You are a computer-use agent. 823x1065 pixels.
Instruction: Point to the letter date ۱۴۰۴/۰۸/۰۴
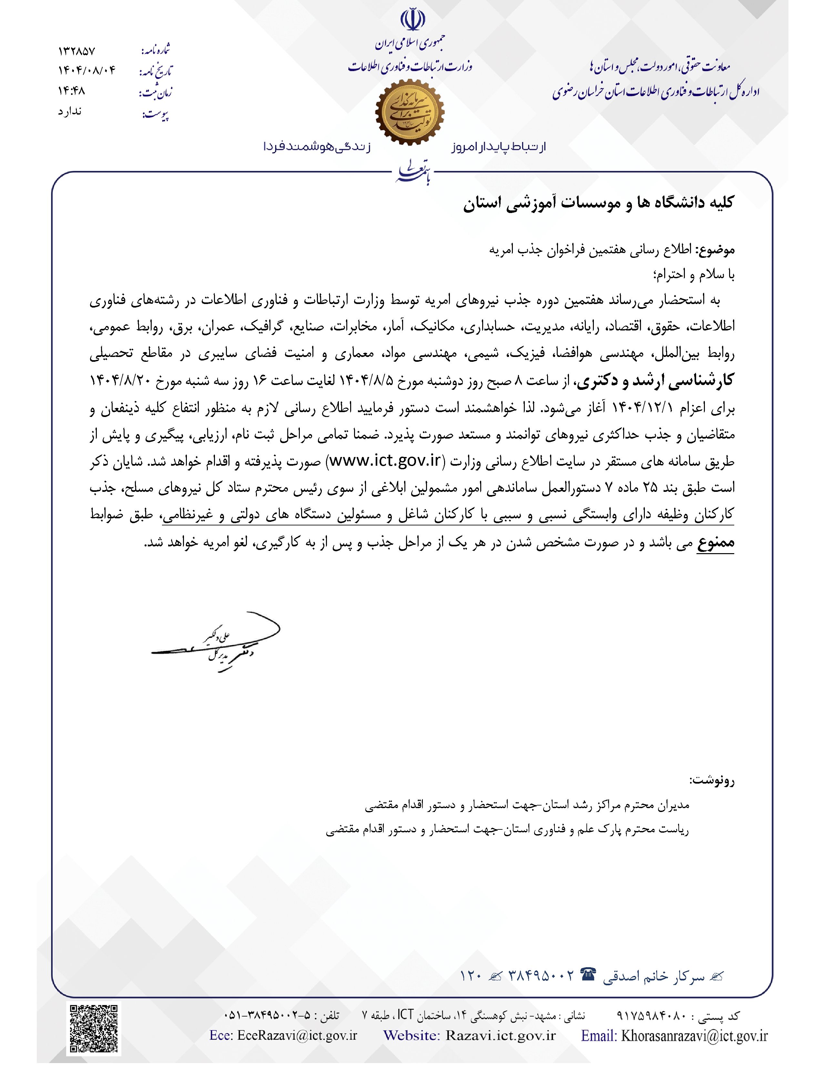click(x=87, y=71)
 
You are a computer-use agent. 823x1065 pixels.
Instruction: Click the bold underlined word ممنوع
click(x=715, y=543)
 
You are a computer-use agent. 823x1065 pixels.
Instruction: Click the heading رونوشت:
click(x=712, y=781)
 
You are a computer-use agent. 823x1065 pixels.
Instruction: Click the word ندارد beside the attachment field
click(x=70, y=112)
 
